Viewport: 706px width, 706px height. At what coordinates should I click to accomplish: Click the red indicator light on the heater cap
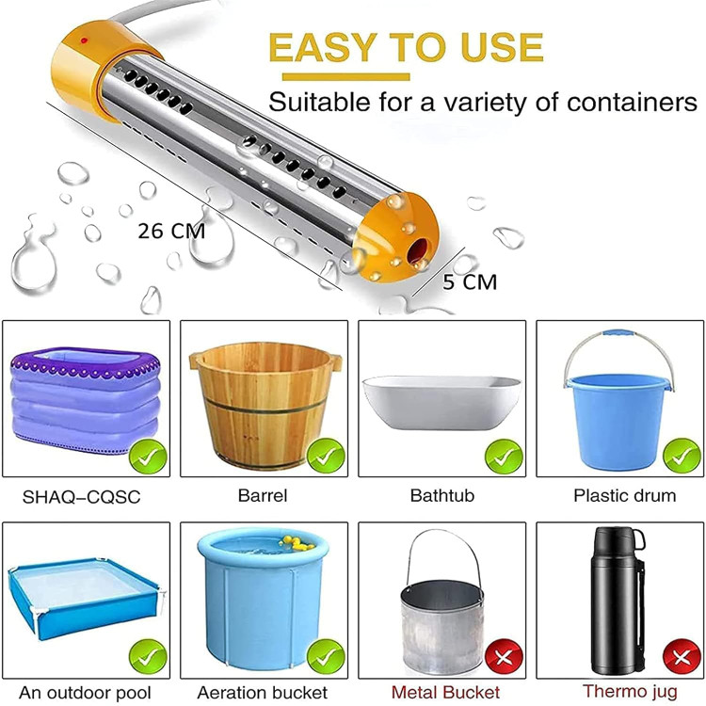[x=84, y=40]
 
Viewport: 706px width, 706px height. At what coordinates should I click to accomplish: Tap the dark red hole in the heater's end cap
[x=418, y=251]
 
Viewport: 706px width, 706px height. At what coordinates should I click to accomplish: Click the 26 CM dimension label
[x=171, y=232]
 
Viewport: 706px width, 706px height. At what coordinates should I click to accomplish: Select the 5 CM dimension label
[x=470, y=282]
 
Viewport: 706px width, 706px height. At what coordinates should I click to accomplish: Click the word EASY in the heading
[x=323, y=47]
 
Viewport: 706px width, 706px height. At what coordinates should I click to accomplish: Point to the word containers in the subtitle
[x=632, y=103]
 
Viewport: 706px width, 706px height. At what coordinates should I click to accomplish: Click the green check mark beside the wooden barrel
[x=326, y=456]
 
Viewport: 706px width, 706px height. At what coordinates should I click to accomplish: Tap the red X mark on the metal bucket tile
[x=504, y=658]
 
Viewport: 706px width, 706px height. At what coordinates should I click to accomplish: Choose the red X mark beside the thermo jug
[x=682, y=658]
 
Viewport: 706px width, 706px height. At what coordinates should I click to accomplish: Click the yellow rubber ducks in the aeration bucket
[x=297, y=543]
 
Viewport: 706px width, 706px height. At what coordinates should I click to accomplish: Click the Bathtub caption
[x=442, y=496]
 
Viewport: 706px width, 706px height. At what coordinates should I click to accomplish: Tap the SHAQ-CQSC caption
[x=82, y=497]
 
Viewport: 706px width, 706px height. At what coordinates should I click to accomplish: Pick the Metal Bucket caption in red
[x=445, y=692]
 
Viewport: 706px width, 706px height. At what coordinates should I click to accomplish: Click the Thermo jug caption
[x=630, y=691]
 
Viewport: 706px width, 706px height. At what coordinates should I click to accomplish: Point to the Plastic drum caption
[x=624, y=496]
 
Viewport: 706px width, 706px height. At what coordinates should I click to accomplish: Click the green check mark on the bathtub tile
[x=504, y=457]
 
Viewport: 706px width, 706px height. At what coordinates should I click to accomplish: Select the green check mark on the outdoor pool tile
[x=148, y=658]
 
